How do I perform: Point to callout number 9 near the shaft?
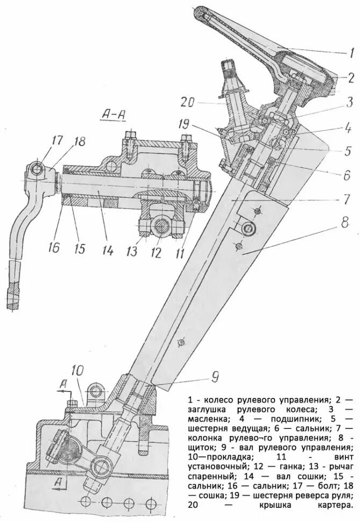pos(214,377)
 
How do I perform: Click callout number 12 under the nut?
pos(156,252)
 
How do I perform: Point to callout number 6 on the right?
pos(348,175)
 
